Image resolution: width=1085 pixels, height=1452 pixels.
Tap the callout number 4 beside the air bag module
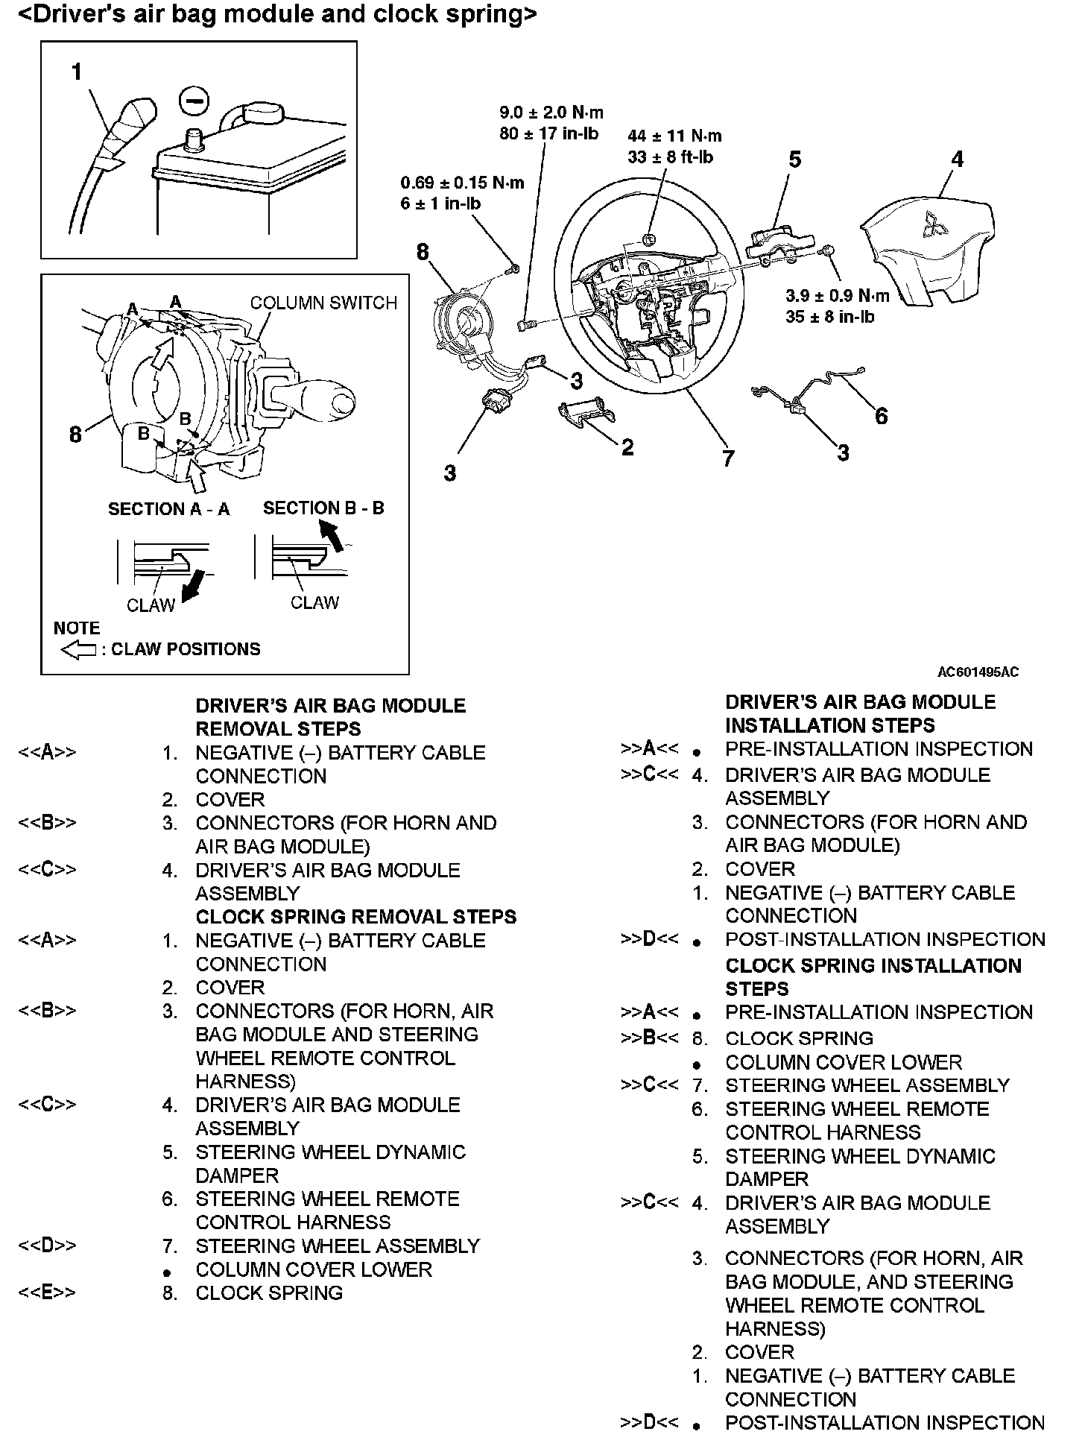(958, 159)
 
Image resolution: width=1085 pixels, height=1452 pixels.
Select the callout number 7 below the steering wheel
(728, 458)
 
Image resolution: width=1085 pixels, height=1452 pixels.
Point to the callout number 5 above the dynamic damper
(795, 160)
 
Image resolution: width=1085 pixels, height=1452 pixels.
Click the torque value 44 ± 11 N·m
(674, 136)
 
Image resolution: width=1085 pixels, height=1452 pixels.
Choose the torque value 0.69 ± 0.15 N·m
(462, 183)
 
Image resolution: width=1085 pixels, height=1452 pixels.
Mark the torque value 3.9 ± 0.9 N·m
(837, 296)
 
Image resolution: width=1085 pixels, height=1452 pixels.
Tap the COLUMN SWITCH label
(323, 303)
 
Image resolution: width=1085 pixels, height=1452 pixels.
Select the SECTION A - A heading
(169, 509)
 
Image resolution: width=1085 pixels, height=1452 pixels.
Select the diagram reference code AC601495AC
(978, 672)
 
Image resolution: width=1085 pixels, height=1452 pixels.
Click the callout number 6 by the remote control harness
(881, 416)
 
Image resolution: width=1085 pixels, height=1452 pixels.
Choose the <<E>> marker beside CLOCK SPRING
(47, 1292)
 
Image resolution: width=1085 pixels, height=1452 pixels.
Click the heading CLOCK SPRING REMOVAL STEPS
(356, 917)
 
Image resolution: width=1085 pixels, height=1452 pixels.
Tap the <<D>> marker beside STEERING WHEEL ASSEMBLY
(47, 1246)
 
